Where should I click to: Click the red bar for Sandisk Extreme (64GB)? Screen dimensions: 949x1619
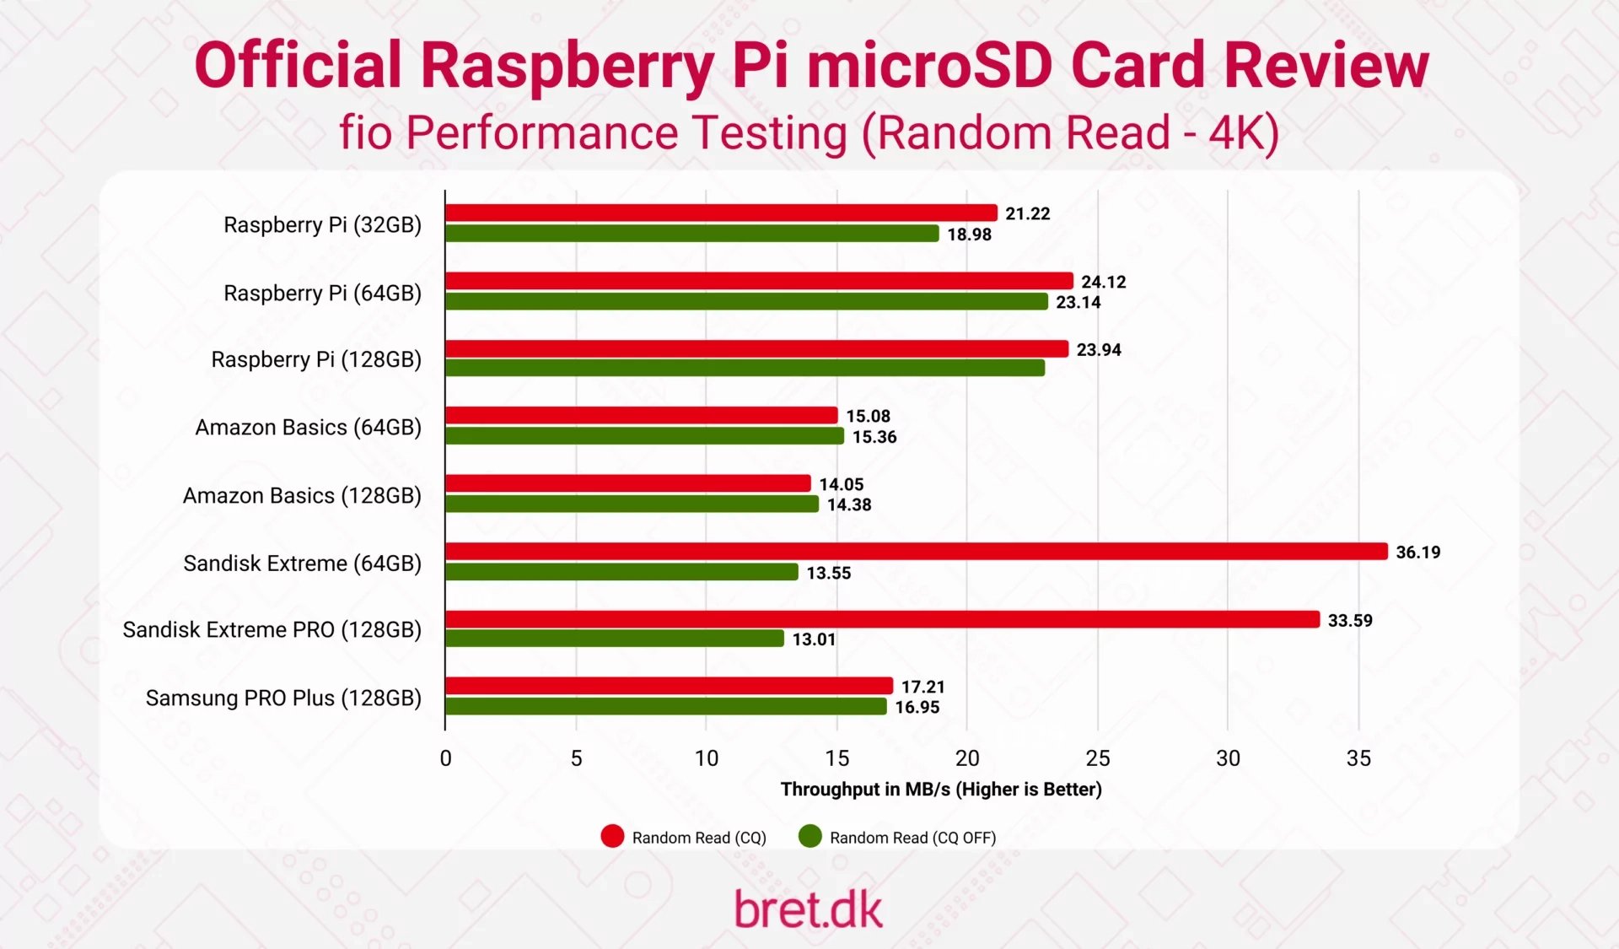pos(916,552)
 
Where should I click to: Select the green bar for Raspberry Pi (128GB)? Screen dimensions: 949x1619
pos(745,368)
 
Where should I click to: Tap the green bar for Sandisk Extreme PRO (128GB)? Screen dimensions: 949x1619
pos(615,639)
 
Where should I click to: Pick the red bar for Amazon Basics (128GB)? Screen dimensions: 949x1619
pos(628,483)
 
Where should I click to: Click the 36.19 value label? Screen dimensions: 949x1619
pos(1417,553)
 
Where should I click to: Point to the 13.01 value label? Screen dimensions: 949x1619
pos(814,639)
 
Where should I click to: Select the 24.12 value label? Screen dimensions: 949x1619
pos(1103,282)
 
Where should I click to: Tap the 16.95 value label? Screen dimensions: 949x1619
pos(917,708)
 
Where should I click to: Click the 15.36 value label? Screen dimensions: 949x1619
pos(874,437)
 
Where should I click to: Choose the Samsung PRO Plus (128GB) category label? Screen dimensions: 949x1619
pos(283,698)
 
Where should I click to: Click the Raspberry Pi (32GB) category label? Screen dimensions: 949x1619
pos(322,225)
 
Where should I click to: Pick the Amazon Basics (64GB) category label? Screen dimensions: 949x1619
pos(308,428)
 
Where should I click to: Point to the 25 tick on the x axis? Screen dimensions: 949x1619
pos(1097,758)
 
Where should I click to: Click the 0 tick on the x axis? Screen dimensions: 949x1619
pos(445,758)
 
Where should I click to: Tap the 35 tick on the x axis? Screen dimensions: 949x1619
pos(1358,758)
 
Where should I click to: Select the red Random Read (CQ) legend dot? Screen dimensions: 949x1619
pos(612,837)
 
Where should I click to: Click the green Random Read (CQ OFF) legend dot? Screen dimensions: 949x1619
pos(809,837)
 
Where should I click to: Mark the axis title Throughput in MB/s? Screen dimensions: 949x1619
pos(940,790)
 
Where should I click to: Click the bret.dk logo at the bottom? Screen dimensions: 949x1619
pos(808,910)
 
